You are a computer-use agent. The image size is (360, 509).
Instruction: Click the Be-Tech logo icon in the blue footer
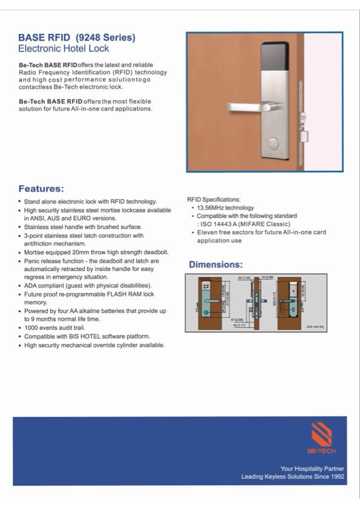(x=321, y=435)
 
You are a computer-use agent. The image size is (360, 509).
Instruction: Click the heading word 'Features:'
(x=41, y=188)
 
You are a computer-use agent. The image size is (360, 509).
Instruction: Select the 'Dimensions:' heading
(x=216, y=264)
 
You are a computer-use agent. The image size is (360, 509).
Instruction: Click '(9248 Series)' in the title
(x=105, y=38)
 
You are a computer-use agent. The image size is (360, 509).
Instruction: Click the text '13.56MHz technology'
(x=217, y=208)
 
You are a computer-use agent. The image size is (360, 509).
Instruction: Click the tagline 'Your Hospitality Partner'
(x=312, y=468)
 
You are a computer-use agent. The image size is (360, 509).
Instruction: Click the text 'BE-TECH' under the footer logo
(x=321, y=451)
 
